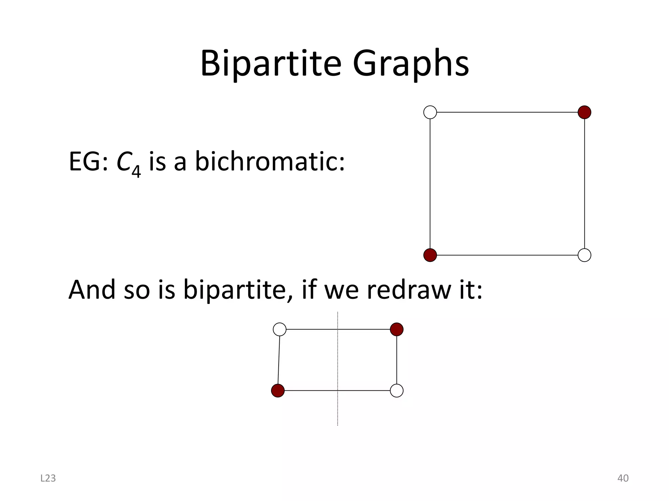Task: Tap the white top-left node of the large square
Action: (x=430, y=112)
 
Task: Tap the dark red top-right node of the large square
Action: (x=584, y=112)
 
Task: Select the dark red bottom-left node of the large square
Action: (x=430, y=255)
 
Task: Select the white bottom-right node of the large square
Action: (x=584, y=255)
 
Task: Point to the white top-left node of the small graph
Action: (x=280, y=329)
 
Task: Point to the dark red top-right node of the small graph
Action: (x=397, y=329)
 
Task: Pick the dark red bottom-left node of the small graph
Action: (x=278, y=390)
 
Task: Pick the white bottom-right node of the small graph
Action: (x=397, y=390)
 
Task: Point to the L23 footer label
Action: (x=48, y=478)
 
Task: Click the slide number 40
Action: (x=623, y=478)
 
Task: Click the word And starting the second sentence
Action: (x=92, y=290)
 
